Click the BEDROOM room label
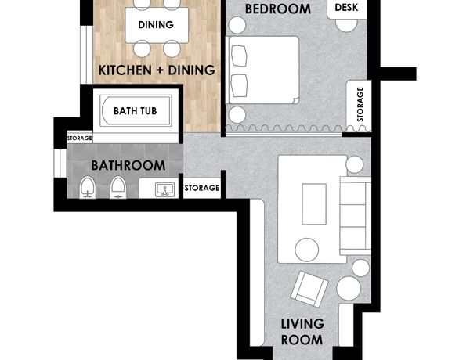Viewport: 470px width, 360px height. [x=278, y=9]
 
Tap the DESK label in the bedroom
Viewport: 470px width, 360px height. [x=346, y=8]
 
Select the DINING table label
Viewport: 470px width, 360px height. [x=156, y=24]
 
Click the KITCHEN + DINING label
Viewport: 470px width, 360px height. [x=157, y=70]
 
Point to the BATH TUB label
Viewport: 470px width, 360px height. [x=136, y=111]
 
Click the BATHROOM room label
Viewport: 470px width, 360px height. [x=128, y=166]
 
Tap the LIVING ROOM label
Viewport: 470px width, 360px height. [x=302, y=332]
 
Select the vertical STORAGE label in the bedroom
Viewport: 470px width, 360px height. [x=360, y=104]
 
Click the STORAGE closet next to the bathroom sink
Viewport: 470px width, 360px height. [x=202, y=188]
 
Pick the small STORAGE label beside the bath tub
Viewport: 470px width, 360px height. [x=79, y=138]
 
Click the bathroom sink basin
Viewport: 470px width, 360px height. [x=164, y=190]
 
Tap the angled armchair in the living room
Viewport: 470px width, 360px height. [x=309, y=289]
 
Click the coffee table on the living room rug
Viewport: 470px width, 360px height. [x=314, y=204]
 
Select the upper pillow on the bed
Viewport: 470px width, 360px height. [x=240, y=56]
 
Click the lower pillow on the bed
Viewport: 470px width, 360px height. [x=240, y=85]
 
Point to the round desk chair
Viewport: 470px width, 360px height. [x=346, y=23]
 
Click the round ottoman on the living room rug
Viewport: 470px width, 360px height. [x=306, y=250]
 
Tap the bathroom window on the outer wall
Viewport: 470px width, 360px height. [x=60, y=164]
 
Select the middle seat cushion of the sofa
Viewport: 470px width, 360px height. [x=353, y=216]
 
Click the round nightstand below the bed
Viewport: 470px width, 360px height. [x=237, y=115]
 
